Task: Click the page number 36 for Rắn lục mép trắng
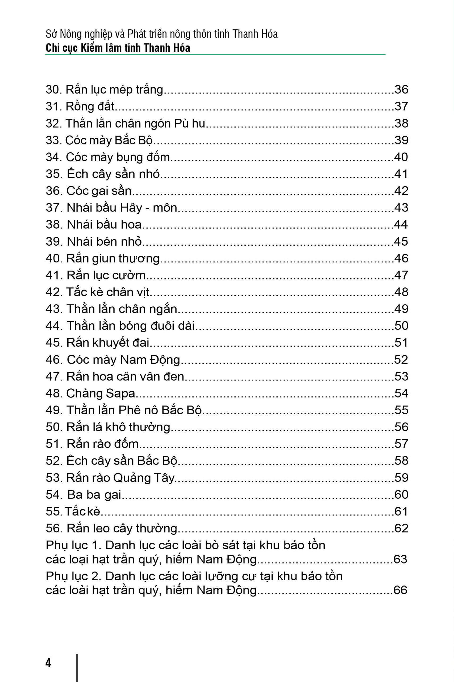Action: (401, 89)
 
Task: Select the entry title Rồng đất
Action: (90, 106)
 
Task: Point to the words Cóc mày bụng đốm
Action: (118, 157)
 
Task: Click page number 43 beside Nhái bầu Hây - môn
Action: (401, 208)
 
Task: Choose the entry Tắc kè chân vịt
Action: (108, 292)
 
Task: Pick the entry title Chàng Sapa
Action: (101, 393)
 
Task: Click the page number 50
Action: (401, 326)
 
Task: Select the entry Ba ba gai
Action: (94, 494)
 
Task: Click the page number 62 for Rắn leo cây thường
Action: (401, 528)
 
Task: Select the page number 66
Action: (400, 590)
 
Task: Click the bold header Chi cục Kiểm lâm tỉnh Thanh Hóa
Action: (118, 48)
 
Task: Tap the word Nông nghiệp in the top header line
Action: (86, 34)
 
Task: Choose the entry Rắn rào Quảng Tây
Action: (120, 478)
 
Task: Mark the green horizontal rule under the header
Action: (215, 55)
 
